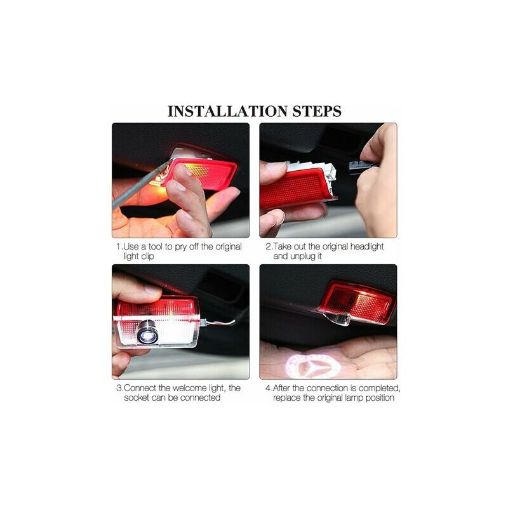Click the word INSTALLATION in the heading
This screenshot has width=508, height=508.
228,111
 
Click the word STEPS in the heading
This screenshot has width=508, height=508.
317,111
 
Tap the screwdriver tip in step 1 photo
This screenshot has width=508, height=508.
171,161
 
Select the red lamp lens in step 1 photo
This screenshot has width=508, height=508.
201,173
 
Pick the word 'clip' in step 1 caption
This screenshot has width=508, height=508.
147,257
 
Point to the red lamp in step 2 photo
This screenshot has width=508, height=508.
297,188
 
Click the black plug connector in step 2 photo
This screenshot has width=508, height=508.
361,165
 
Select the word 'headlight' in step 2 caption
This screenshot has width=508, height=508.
367,246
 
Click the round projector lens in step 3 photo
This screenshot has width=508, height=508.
148,333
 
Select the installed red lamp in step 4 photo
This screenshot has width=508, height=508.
356,303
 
